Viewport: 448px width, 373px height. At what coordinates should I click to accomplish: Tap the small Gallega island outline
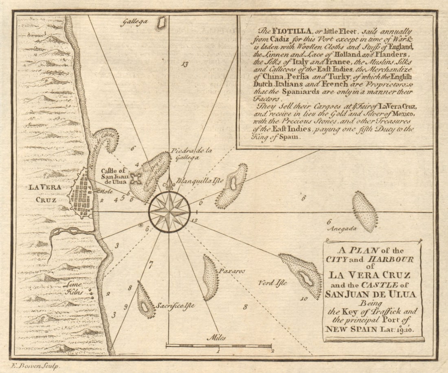pos(162,23)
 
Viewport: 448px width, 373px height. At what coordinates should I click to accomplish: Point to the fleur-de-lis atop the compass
pos(169,185)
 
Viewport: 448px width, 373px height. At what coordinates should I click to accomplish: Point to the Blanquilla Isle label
pos(200,181)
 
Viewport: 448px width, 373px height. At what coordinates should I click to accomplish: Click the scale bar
pos(219,346)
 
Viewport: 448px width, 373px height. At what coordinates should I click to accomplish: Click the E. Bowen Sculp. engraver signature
pos(36,366)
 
